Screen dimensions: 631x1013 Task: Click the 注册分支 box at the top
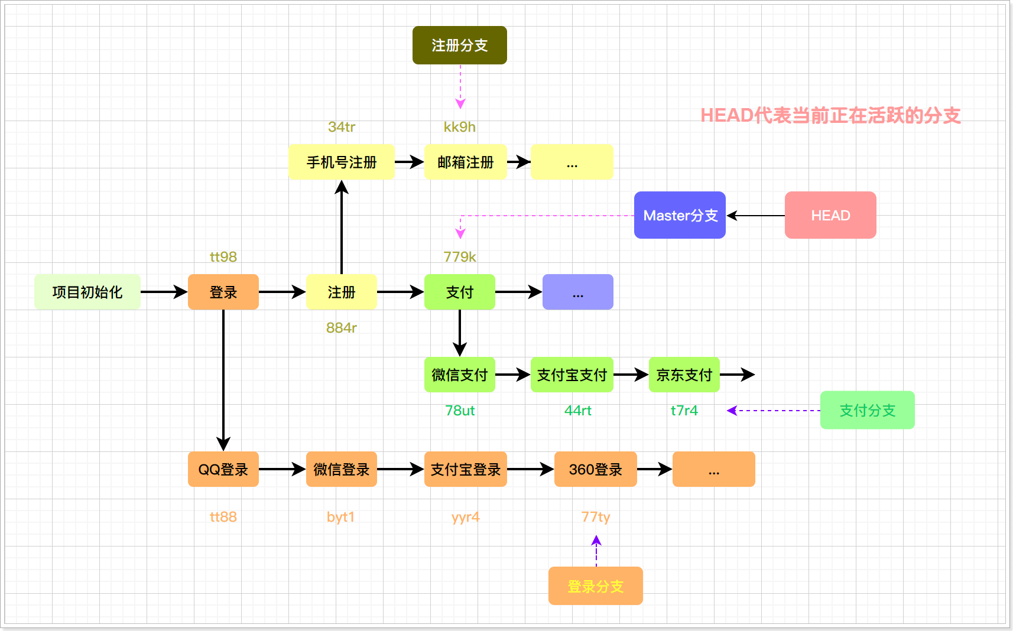(x=459, y=45)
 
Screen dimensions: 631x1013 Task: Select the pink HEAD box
(x=830, y=215)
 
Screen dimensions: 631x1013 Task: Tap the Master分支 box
(x=680, y=215)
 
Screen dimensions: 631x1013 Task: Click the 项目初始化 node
(x=87, y=292)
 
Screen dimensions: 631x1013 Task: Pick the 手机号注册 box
(x=341, y=162)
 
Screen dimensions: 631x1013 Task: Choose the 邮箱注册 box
(x=465, y=162)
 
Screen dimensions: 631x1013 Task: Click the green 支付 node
(x=459, y=292)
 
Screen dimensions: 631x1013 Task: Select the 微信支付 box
(x=459, y=375)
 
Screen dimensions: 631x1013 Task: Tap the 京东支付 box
(x=684, y=375)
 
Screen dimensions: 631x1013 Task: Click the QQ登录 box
(x=223, y=469)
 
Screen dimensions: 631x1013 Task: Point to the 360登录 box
(x=595, y=469)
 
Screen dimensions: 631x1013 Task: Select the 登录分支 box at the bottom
(x=595, y=586)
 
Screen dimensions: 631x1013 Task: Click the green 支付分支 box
(x=867, y=410)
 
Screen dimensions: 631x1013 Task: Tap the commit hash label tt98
(x=223, y=257)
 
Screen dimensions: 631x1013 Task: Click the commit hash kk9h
(x=459, y=127)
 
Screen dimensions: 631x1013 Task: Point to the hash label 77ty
(x=595, y=517)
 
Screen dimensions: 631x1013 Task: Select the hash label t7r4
(x=684, y=411)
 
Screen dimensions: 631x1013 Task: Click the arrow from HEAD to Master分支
(x=755, y=216)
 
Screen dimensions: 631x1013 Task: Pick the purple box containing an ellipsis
(x=577, y=292)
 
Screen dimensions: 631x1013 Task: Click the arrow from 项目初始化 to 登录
(x=164, y=292)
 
